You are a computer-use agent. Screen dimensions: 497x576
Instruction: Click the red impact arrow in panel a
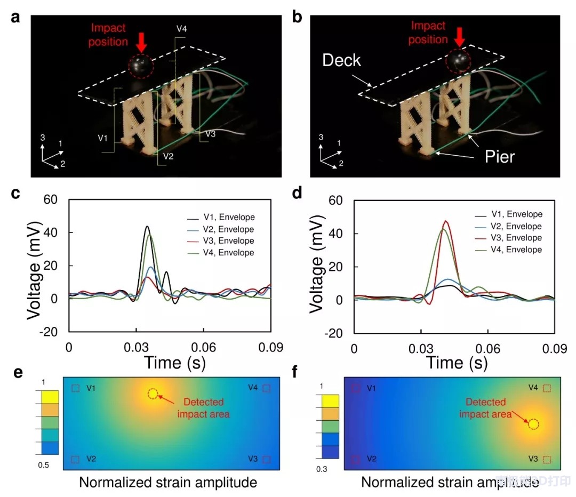(140, 41)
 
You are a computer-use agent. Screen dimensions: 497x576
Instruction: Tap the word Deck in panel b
(341, 60)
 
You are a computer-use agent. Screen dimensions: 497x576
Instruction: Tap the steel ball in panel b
(458, 61)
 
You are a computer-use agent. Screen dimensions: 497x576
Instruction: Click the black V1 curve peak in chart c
(147, 226)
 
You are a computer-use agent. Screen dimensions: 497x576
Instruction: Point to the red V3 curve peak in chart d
(446, 221)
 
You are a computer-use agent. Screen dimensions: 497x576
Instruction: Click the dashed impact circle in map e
(153, 394)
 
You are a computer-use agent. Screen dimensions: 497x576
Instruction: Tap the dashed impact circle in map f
(533, 424)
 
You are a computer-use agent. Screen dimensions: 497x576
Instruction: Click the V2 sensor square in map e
(75, 459)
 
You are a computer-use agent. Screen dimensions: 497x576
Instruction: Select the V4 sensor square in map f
(546, 389)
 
